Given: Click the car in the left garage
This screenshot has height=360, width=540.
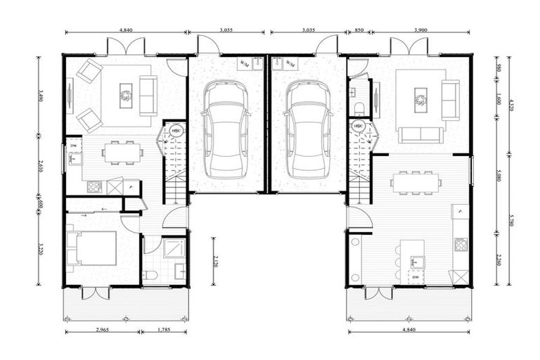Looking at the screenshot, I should (225, 129).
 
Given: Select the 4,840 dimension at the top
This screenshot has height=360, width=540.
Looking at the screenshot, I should (127, 31).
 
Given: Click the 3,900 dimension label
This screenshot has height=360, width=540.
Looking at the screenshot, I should (420, 31).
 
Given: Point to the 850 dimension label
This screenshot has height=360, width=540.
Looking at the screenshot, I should (359, 31).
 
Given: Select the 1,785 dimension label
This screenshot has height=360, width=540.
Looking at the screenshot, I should (162, 330).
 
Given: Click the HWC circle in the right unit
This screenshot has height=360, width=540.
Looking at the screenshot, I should (359, 127).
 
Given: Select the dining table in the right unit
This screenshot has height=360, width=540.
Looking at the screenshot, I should (416, 181).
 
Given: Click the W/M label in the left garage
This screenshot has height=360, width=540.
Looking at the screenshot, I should (244, 63).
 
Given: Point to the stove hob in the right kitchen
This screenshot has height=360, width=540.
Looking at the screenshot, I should (461, 245).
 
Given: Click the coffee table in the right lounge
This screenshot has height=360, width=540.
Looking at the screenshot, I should (420, 99).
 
